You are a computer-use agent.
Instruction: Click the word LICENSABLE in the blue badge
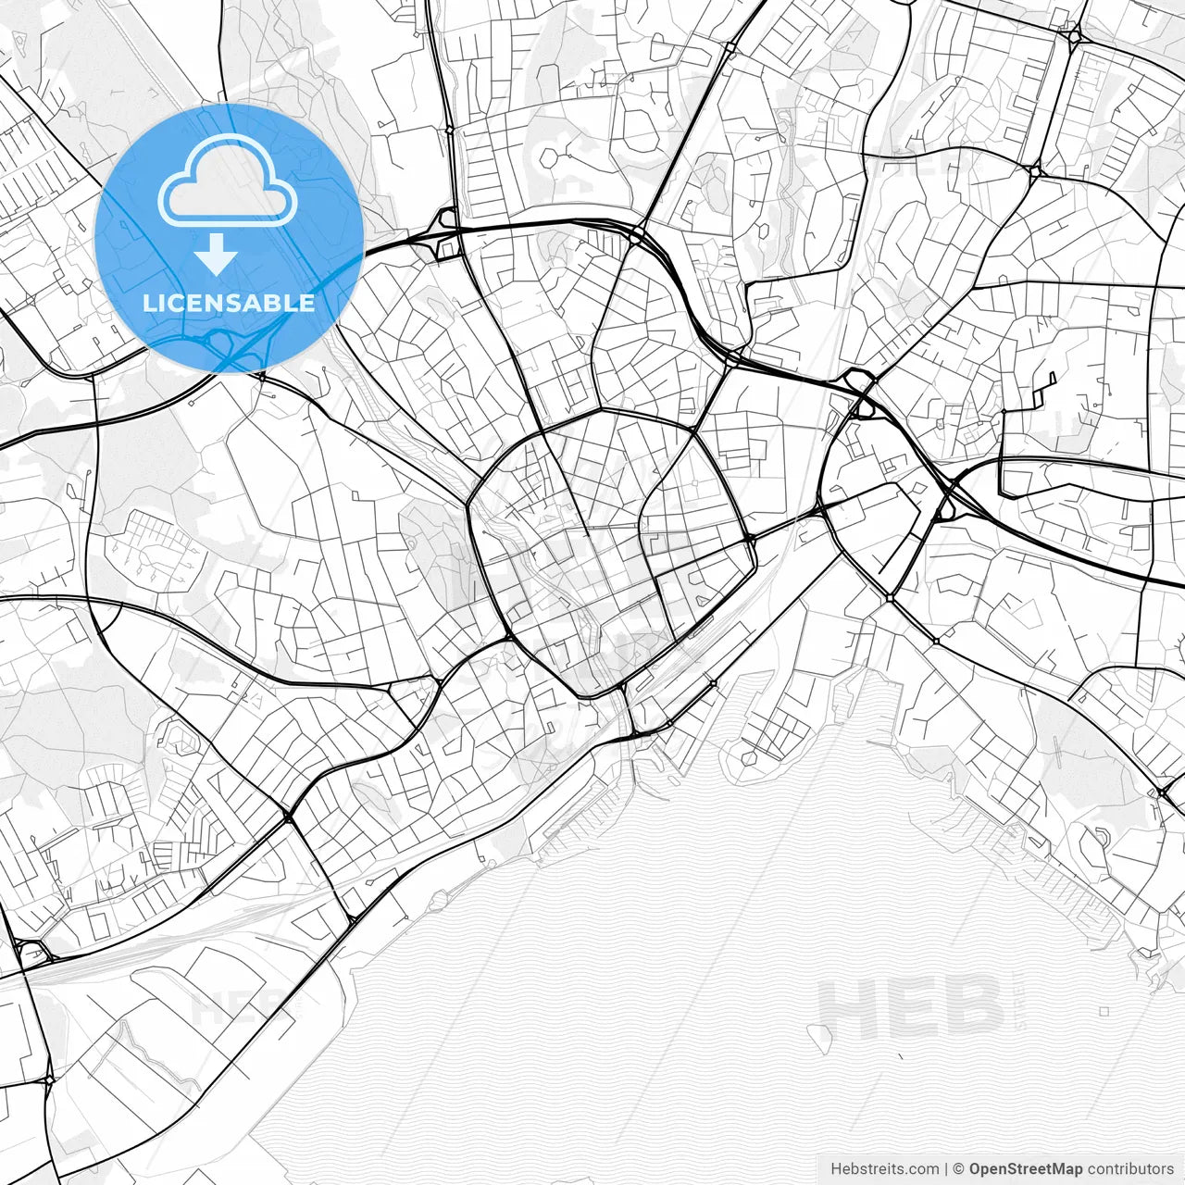(229, 303)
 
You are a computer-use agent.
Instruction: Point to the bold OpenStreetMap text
(1025, 1169)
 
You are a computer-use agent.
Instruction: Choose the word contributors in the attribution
(1130, 1169)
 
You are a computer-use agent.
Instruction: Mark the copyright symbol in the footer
(959, 1169)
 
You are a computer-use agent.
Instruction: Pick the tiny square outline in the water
(1104, 1012)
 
